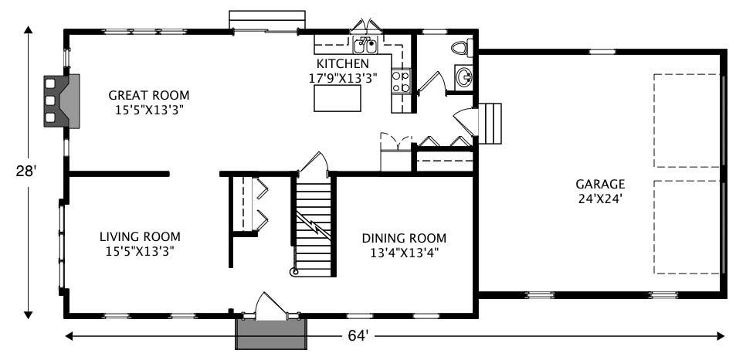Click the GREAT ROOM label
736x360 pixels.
pos(148,96)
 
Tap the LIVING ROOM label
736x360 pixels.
pos(140,237)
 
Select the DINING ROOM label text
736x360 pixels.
pos(404,239)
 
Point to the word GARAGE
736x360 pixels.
pos(599,185)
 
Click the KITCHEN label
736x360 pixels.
pos(342,63)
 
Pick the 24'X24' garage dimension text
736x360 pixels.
pos(599,198)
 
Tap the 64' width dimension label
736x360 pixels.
pos(356,336)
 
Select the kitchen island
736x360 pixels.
pos(337,98)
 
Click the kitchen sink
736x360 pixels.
pos(365,43)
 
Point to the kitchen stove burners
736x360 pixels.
pos(400,82)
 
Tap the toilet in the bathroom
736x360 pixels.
pos(460,48)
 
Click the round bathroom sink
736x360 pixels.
pos(463,76)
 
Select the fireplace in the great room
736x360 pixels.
pos(62,100)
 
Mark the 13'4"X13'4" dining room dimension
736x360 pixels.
pos(404,252)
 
